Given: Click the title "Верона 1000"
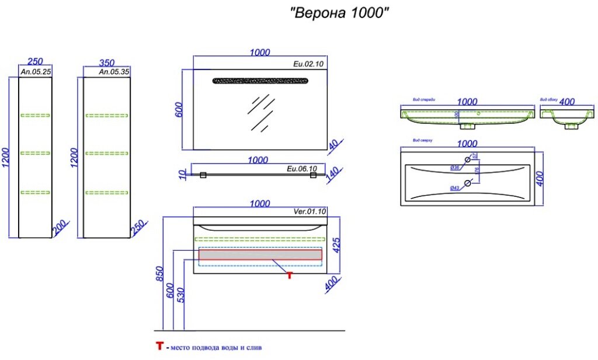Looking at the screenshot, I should point(339,13).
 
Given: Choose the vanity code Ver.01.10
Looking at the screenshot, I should point(309,212).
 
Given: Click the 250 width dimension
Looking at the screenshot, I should point(35,62).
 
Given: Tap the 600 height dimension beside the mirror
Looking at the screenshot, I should point(180,110).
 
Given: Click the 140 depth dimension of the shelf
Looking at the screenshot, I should point(332,174).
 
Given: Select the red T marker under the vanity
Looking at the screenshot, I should point(289,275).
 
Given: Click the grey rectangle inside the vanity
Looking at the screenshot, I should point(260,254).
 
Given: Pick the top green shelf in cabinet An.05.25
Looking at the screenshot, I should point(35,115).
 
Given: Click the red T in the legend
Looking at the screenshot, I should point(159,347).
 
